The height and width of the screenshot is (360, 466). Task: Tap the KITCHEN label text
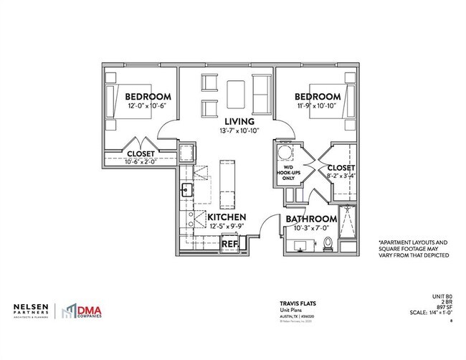(x=227, y=217)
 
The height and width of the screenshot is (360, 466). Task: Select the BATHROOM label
(x=311, y=219)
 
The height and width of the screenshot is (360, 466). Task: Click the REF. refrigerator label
(x=229, y=244)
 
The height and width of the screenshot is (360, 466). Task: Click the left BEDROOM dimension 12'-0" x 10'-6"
(x=148, y=107)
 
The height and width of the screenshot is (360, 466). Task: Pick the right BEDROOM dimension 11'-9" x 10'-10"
(x=316, y=107)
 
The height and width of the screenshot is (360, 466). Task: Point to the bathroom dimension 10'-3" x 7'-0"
(x=311, y=229)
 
